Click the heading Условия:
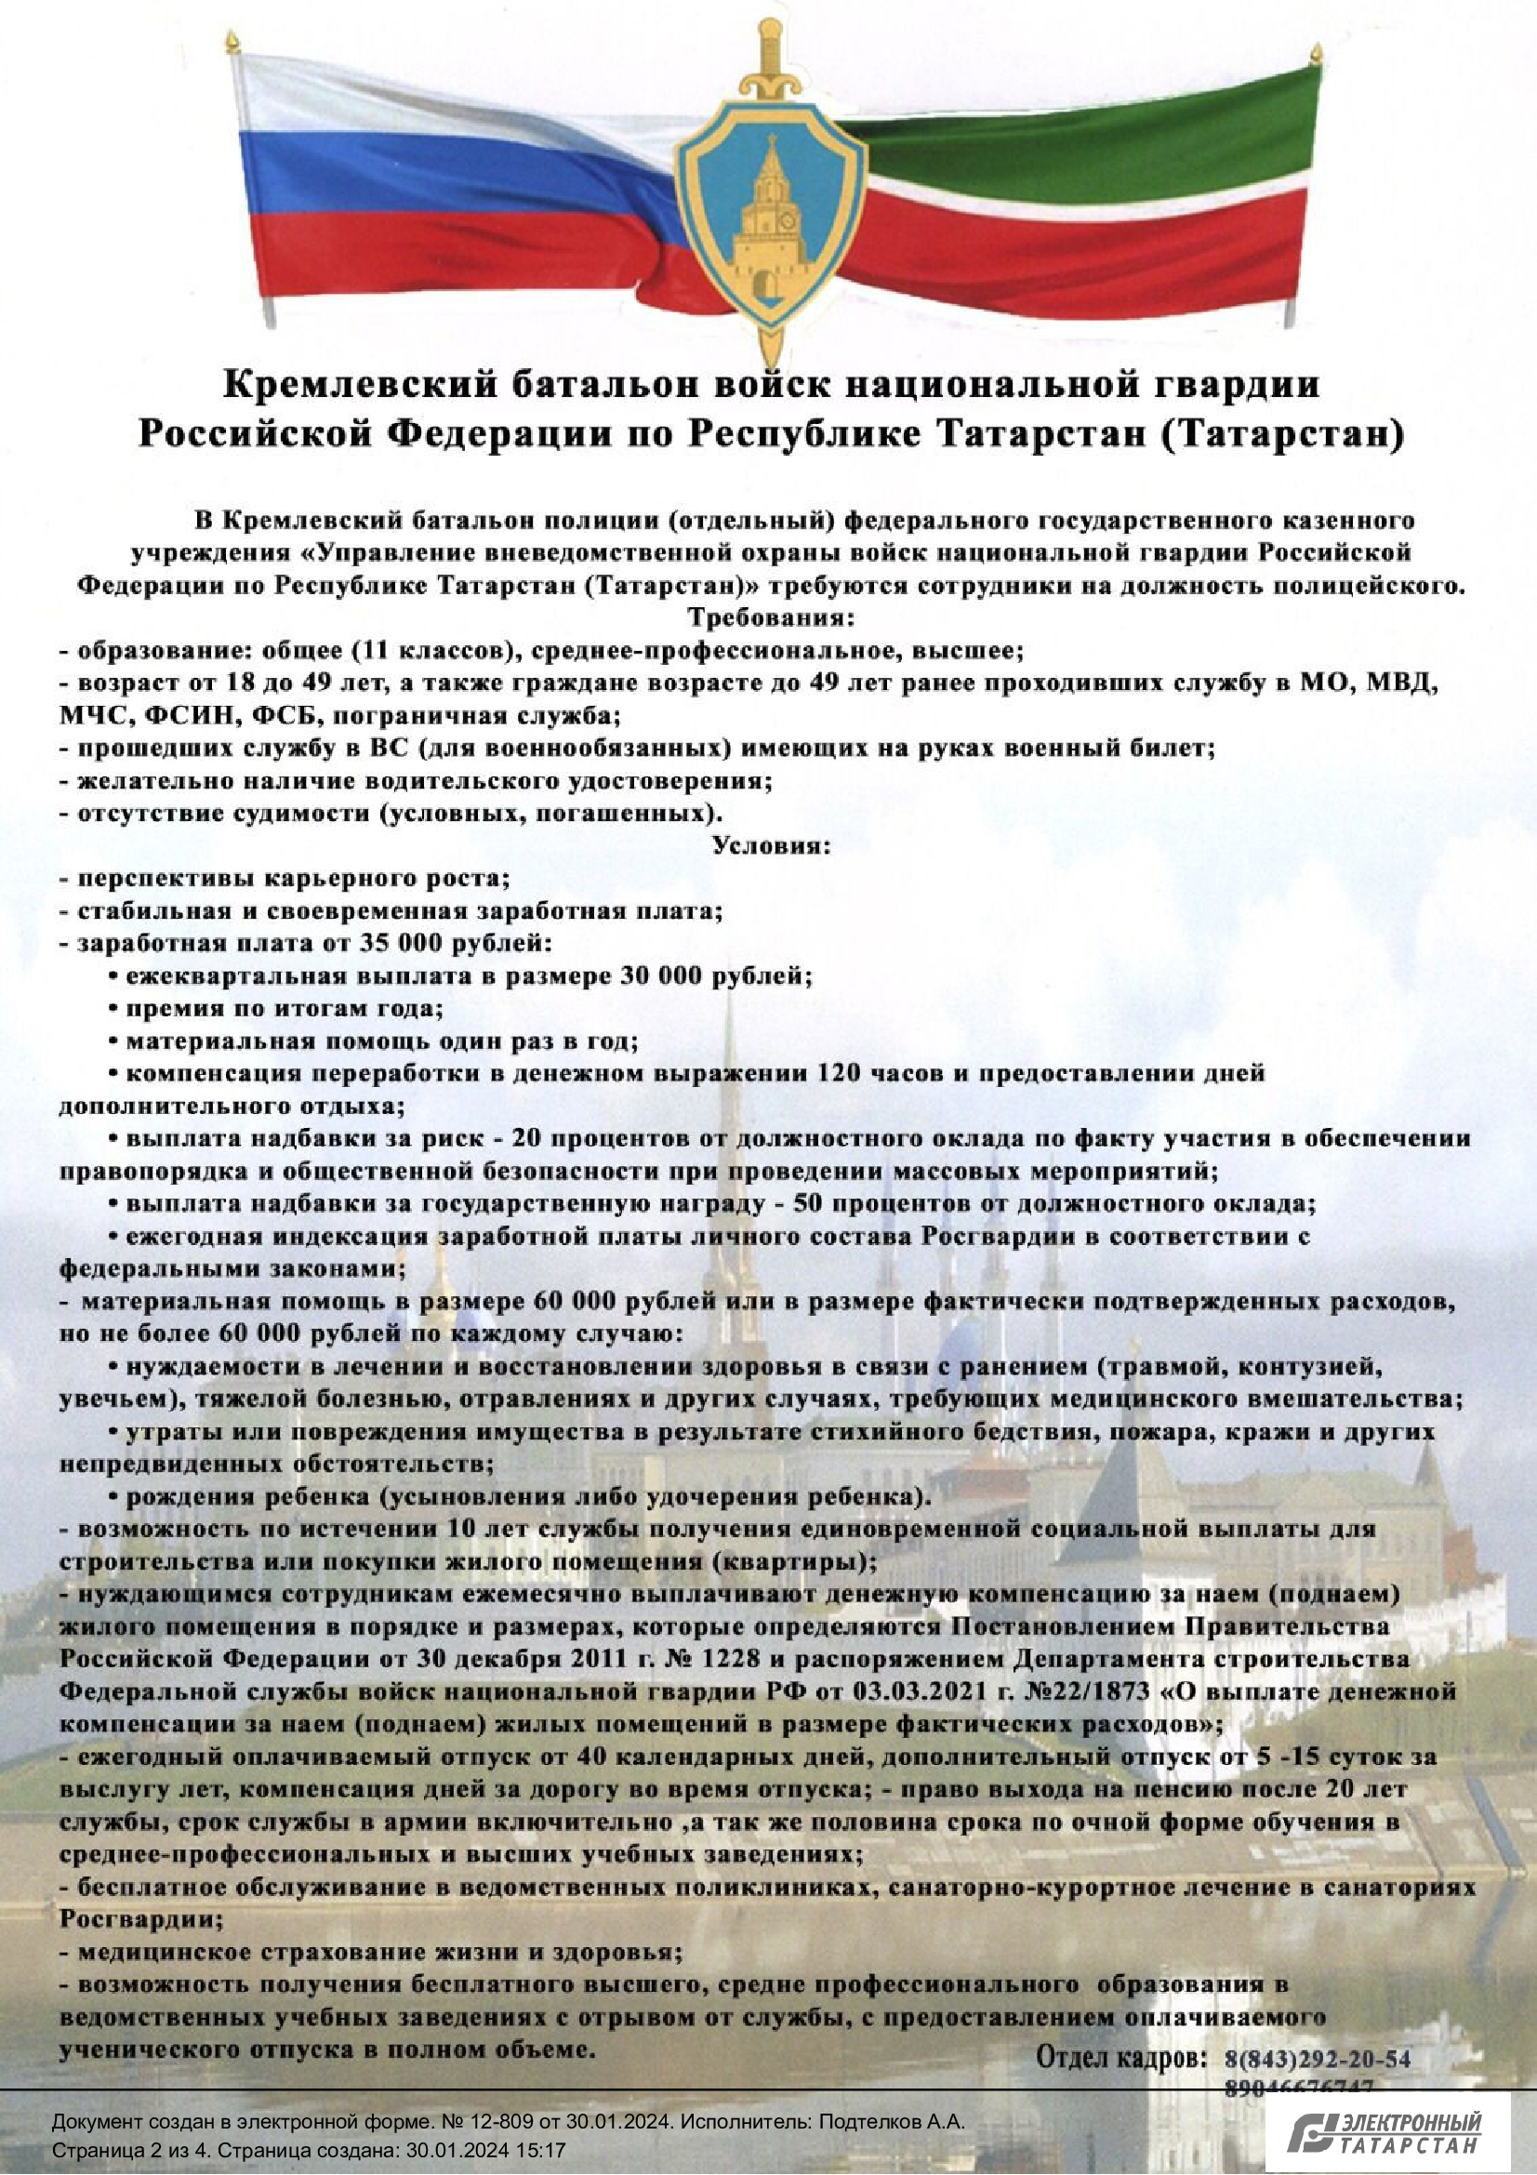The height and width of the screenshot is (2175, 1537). coord(771,845)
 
